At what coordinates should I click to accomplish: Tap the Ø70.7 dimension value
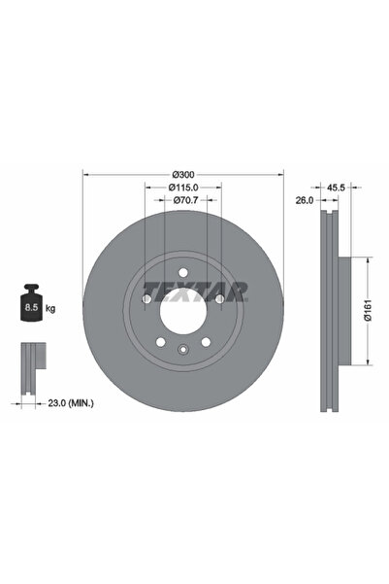[182, 201]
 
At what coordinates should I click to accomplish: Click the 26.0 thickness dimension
[304, 200]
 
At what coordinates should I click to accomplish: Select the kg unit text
[49, 308]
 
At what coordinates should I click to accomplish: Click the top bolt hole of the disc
[182, 272]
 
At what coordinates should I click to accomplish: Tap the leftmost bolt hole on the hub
[146, 299]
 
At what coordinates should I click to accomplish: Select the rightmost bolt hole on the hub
[219, 299]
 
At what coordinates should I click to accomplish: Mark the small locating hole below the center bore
[182, 351]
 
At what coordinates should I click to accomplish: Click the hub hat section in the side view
[337, 311]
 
